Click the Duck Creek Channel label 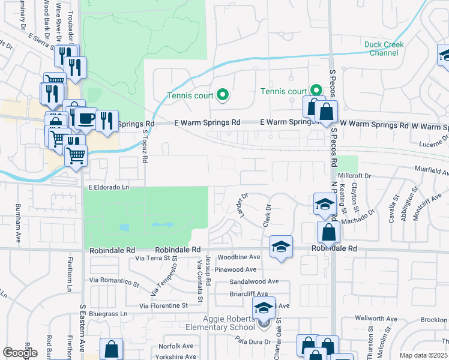click(384, 49)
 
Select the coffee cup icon click(86, 118)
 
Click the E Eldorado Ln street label click(109, 187)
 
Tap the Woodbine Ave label click(238, 257)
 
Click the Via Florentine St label click(164, 305)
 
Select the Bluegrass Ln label click(108, 314)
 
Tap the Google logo click(20, 353)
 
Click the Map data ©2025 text click(424, 355)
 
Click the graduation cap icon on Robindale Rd click(281, 247)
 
